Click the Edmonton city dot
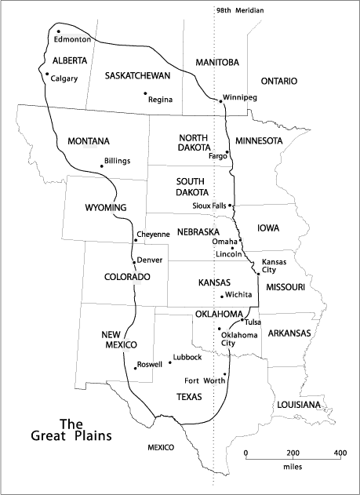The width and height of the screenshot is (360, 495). click(59, 31)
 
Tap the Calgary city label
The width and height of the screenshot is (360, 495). click(64, 78)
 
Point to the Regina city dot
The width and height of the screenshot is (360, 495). click(145, 94)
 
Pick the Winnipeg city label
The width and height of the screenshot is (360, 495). click(240, 97)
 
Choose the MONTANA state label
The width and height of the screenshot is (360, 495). click(88, 141)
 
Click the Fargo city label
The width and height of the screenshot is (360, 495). click(217, 156)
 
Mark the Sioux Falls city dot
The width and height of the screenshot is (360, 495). click(230, 205)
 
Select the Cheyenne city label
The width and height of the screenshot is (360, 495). click(153, 234)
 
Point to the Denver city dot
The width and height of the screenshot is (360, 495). click(134, 261)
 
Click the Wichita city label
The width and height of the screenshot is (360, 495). click(238, 294)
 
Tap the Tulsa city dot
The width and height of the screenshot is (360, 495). click(242, 321)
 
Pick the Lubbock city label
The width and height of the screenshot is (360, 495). click(188, 357)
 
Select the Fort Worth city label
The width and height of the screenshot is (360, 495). click(220, 381)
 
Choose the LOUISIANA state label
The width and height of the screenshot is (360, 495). click(299, 404)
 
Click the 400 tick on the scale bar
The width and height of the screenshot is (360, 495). click(340, 455)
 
